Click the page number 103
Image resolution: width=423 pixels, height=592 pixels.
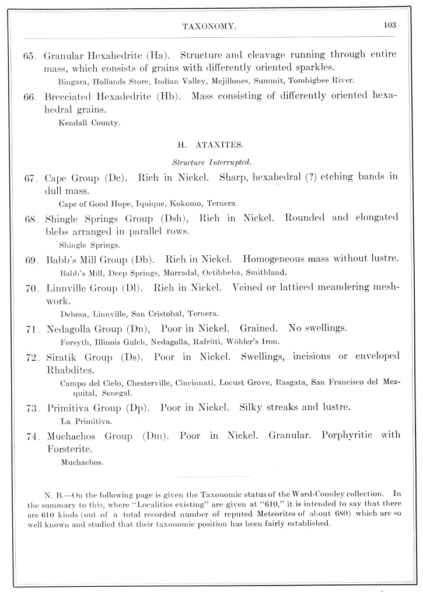[390, 24]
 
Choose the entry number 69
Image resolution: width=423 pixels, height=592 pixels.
[32, 259]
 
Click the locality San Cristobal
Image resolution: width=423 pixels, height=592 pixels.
[162, 313]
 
